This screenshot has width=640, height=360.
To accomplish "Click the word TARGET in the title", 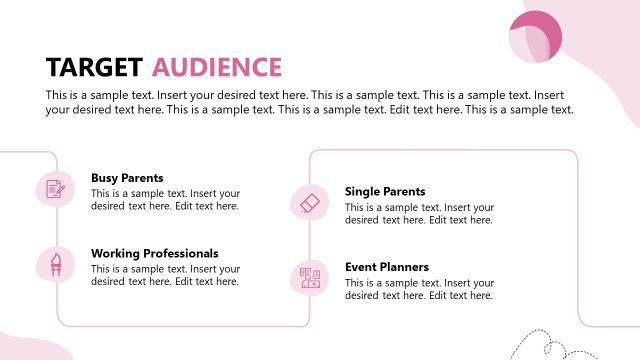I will pyautogui.click(x=94, y=67).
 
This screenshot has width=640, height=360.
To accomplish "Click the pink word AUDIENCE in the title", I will pyautogui.click(x=217, y=67).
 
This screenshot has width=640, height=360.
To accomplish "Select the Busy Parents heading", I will pyautogui.click(x=127, y=178).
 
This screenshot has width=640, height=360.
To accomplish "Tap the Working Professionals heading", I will pyautogui.click(x=154, y=254).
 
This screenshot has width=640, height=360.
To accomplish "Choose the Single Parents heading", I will pyautogui.click(x=385, y=191).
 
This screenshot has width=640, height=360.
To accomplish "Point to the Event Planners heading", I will pyautogui.click(x=387, y=267).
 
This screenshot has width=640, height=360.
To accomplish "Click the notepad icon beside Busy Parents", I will pyautogui.click(x=56, y=189).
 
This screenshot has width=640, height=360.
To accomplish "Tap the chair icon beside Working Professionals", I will pyautogui.click(x=56, y=265).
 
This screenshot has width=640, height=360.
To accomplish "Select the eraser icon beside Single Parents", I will pyautogui.click(x=309, y=202).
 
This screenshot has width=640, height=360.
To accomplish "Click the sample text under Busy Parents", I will pyautogui.click(x=165, y=200).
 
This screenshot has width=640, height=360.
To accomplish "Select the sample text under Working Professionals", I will pyautogui.click(x=165, y=275).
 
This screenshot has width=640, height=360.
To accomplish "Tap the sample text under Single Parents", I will pyautogui.click(x=419, y=213).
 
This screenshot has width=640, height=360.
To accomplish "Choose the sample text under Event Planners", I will pyautogui.click(x=419, y=289).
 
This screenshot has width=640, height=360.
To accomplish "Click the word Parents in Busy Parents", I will pyautogui.click(x=142, y=178).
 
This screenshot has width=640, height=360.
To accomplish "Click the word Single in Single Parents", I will pyautogui.click(x=363, y=191).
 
